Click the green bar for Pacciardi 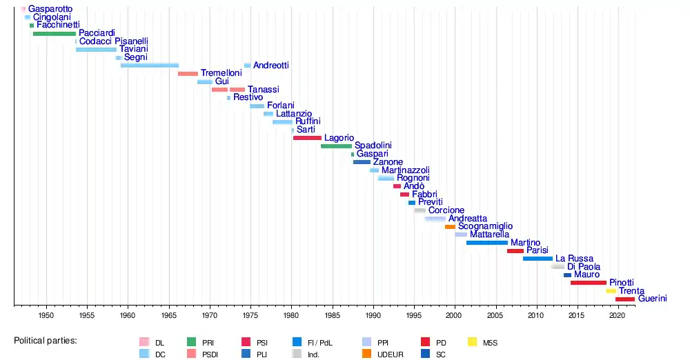point(55,33)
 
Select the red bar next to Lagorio point(307,138)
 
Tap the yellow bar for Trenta point(611,291)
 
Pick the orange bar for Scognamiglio point(450,227)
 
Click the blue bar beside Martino point(487,243)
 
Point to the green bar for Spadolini point(336,146)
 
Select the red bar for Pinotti point(589,283)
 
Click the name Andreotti point(271,65)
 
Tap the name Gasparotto point(50,9)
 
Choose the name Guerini point(653,299)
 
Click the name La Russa point(574,259)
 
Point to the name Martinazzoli point(406,170)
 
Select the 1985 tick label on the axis point(333,315)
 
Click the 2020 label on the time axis point(618,315)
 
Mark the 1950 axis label point(46,315)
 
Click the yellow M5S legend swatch point(472,342)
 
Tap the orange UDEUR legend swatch point(366,353)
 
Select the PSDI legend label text point(210,354)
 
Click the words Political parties point(46,341)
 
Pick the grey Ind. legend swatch point(297,353)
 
